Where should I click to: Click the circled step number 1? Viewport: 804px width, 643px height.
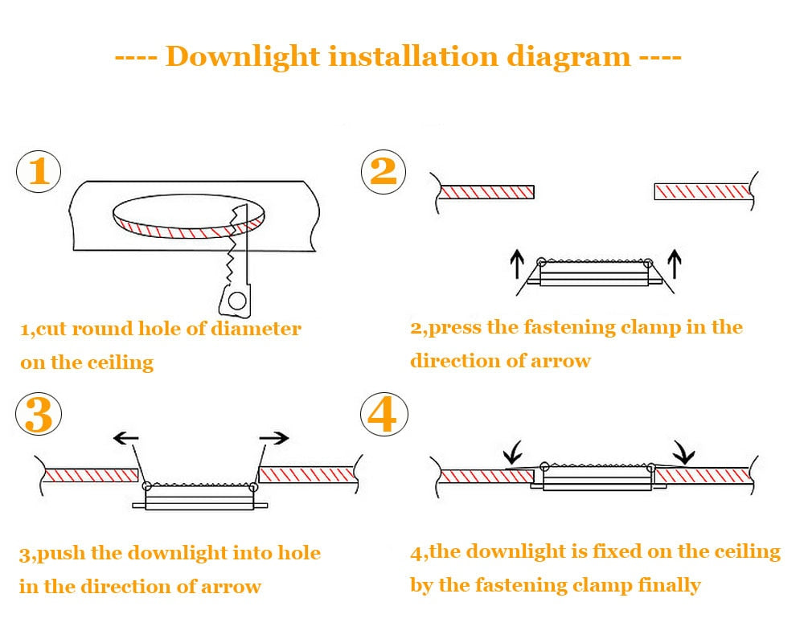coord(39,172)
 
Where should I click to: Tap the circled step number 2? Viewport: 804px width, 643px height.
coord(384,172)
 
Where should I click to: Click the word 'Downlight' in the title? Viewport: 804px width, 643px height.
coord(241,57)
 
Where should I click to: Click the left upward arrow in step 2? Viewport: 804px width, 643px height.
coord(517,263)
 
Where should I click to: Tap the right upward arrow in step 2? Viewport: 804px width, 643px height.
coord(675,263)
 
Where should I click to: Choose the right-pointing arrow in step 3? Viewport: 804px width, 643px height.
coord(274,438)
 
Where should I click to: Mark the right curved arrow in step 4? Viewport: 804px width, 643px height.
coord(684,453)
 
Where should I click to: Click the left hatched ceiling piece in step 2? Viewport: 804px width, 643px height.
coord(486,192)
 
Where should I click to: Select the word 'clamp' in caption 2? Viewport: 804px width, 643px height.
coord(654,327)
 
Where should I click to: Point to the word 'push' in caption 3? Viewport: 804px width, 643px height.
coord(63,554)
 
